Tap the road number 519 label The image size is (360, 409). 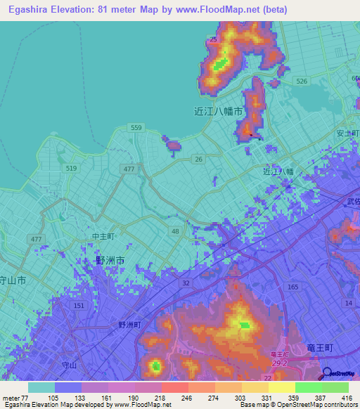pos(71,169)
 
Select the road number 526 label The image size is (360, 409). pos(302,82)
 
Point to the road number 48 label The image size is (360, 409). pos(175,231)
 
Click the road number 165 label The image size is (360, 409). pos(293,287)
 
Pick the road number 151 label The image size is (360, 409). pos(79,306)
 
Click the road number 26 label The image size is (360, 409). pos(199,160)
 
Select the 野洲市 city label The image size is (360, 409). pos(110,261)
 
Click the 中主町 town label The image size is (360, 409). pos(103,238)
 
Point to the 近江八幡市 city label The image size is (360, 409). pos(218,111)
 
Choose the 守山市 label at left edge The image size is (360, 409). pos(13,280)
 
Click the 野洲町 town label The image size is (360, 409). pos(129,325)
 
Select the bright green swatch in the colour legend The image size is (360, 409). pos(308,387)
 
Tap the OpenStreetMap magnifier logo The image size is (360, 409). pos(327,373)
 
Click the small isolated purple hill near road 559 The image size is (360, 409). pos(172,145)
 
